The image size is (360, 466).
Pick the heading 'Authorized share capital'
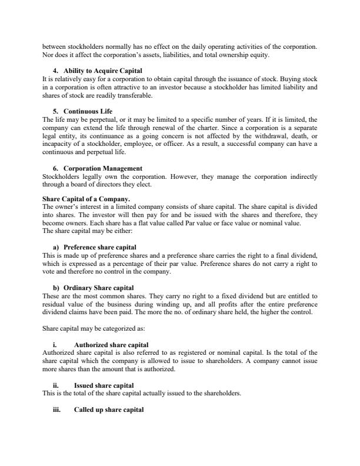111,344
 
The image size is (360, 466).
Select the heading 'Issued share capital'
104,385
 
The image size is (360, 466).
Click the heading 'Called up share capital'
109,410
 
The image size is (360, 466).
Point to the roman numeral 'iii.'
57,410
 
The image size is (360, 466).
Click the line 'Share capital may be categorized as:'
91,328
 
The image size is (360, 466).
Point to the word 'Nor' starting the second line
48,55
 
